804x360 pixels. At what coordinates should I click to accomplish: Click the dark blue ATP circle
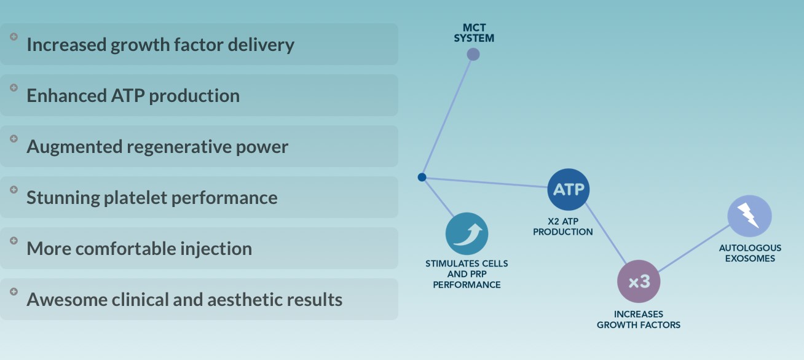[x=568, y=189]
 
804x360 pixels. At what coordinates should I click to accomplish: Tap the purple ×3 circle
[x=638, y=281]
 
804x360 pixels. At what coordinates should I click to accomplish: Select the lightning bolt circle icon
[x=749, y=216]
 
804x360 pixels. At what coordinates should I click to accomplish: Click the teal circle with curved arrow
[x=467, y=233]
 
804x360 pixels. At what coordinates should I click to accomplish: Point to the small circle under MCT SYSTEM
[x=473, y=54]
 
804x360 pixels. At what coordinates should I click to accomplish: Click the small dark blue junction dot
[x=422, y=177]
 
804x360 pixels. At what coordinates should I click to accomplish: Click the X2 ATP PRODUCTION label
[x=562, y=227]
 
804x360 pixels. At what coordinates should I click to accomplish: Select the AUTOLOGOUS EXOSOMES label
[x=750, y=253]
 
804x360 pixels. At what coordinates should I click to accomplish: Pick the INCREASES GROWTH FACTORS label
[x=638, y=319]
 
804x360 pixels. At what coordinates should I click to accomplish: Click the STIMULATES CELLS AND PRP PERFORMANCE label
[x=467, y=274]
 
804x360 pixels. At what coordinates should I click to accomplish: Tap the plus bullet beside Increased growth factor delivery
[x=14, y=36]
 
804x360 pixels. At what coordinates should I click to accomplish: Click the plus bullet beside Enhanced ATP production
[x=14, y=87]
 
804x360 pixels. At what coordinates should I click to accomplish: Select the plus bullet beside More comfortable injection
[x=14, y=240]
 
